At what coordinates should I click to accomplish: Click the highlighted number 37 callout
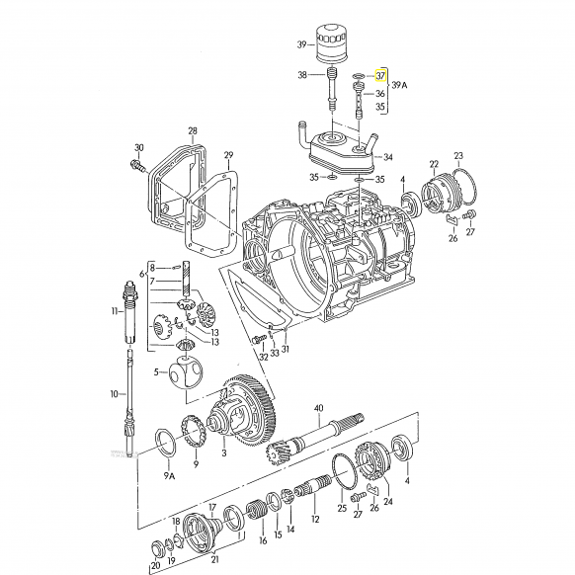point(380,76)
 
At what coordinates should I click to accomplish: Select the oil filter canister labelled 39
point(331,45)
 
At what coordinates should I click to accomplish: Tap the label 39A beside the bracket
point(399,85)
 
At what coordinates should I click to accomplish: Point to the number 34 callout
point(388,157)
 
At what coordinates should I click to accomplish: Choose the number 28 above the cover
point(193,130)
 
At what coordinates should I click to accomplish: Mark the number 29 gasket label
point(228,155)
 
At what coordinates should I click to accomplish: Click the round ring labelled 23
point(464,187)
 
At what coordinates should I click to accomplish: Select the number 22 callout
point(434,164)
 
